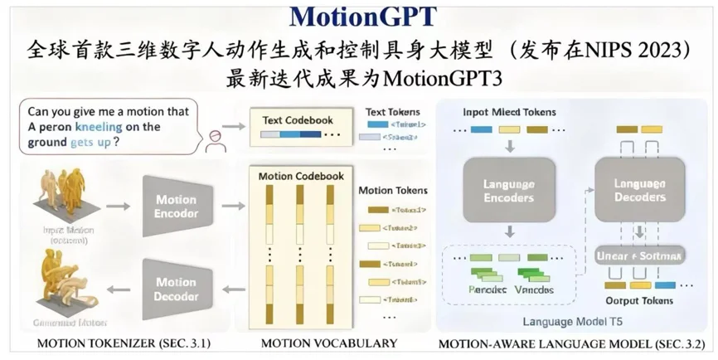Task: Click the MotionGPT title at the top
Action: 358,17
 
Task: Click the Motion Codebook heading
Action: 300,176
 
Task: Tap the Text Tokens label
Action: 392,111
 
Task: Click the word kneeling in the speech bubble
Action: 104,127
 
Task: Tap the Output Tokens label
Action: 639,300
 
